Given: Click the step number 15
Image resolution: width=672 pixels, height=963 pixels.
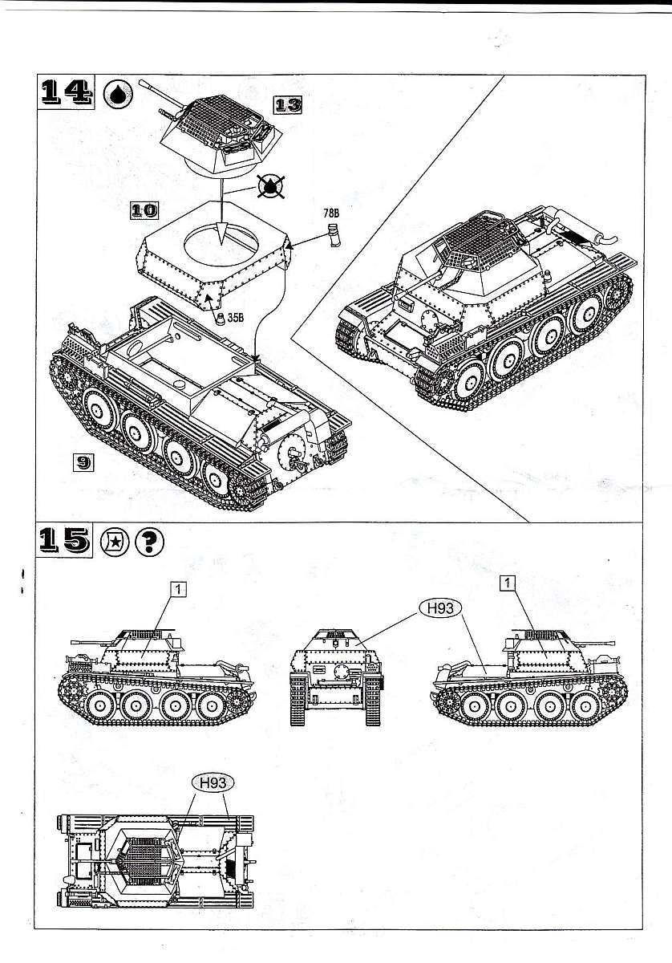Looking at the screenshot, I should (x=66, y=542).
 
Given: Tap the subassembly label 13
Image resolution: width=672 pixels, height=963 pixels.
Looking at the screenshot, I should (x=288, y=104).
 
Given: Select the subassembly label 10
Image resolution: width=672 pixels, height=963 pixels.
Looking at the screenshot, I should (x=144, y=210).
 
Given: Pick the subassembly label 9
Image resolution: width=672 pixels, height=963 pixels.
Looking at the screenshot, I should (x=83, y=461).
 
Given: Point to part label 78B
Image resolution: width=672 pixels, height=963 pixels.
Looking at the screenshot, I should (x=331, y=213).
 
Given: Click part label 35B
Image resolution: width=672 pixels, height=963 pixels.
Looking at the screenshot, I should (x=236, y=318).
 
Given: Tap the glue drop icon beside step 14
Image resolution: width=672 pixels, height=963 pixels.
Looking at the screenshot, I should (x=119, y=93).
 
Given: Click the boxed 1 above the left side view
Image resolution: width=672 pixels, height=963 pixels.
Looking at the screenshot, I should (x=178, y=588).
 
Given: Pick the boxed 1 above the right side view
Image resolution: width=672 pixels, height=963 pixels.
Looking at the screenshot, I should (x=507, y=583).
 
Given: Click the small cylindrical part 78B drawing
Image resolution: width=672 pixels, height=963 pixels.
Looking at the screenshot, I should (x=334, y=235).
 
